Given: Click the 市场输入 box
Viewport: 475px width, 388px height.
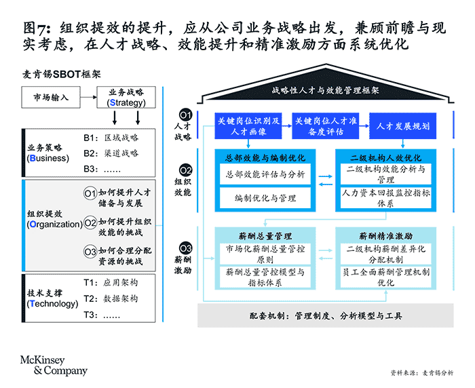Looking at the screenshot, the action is tap(51, 97).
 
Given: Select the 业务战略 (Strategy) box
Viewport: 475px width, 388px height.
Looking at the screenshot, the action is tap(126, 97).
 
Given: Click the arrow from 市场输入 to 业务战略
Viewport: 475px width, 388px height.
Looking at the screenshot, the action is tap(88, 97).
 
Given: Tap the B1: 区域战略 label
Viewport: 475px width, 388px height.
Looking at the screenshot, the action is tap(111, 138).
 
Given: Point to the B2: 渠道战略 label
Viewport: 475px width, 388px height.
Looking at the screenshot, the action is tap(111, 153).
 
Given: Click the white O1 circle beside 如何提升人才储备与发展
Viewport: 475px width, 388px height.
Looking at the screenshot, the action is tap(90, 193).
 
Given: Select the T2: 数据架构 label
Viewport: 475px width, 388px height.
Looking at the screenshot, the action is tap(111, 298).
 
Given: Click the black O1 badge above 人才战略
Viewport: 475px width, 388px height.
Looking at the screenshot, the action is tap(185, 115).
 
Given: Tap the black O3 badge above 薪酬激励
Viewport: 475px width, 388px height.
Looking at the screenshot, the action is tap(185, 248).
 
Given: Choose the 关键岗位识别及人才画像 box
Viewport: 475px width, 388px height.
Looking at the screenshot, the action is tap(248, 126).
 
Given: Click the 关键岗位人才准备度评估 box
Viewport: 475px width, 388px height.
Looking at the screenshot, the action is tap(325, 126).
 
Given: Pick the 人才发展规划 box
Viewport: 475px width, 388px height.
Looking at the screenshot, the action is tap(402, 126).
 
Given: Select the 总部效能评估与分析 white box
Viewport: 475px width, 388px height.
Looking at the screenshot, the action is tap(265, 174).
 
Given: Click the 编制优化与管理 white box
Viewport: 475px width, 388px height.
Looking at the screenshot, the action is tap(265, 198).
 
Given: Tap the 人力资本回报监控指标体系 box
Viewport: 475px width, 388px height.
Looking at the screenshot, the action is tap(385, 198).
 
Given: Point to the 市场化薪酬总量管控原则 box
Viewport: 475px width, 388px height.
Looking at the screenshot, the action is tap(265, 254).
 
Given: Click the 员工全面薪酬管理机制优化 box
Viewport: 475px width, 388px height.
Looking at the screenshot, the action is tap(385, 277).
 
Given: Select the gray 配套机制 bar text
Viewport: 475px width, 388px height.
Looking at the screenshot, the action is tap(326, 316).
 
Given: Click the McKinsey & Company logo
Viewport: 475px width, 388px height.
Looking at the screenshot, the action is tap(54, 366).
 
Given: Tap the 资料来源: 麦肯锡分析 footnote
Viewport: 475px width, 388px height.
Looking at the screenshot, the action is tap(422, 373).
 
